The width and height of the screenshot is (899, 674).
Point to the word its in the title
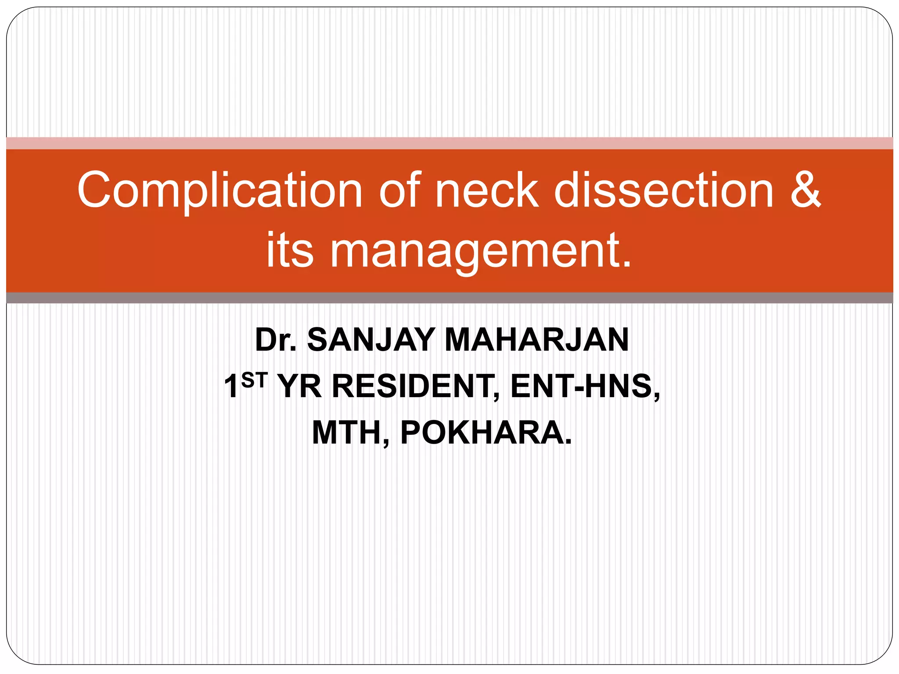tap(290, 250)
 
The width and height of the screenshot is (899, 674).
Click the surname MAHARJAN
tap(536, 340)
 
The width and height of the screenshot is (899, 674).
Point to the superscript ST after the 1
tap(254, 380)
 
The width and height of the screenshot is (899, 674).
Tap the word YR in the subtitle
tap(300, 387)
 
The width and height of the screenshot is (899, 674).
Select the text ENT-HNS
tap(584, 387)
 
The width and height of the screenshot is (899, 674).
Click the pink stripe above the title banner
tap(449, 143)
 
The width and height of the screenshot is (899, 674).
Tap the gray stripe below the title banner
tap(449, 298)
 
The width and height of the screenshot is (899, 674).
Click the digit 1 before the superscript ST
tap(231, 387)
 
